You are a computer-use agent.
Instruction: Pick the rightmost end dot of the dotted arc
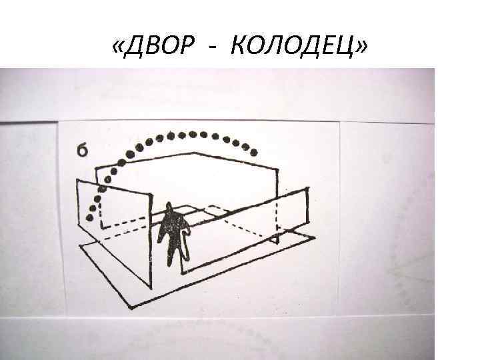point(254,151)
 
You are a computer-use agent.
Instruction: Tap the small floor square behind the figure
point(200,212)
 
